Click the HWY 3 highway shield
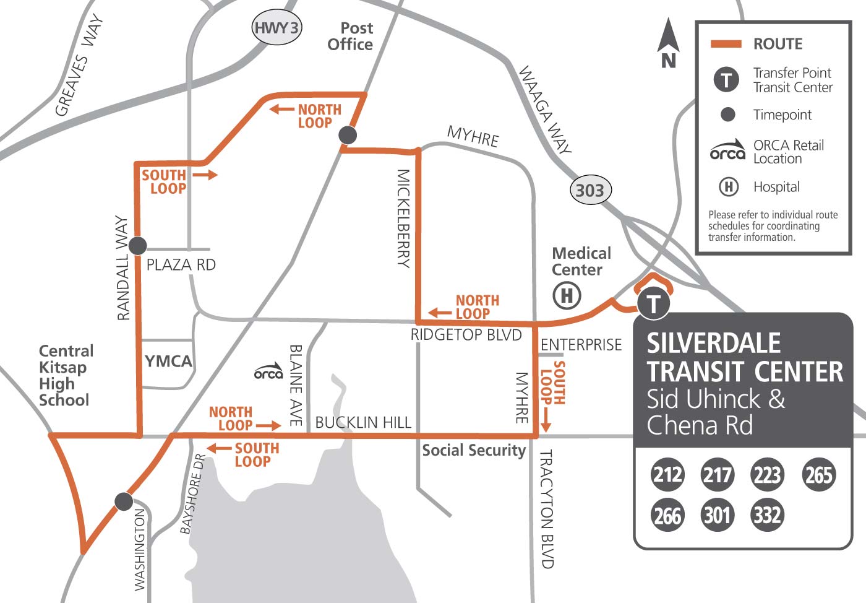point(277,28)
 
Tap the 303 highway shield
point(589,190)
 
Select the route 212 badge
point(667,475)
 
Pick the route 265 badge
point(818,475)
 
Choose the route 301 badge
point(717,515)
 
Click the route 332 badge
point(767,515)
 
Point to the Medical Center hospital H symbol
point(567,295)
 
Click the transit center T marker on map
point(653,304)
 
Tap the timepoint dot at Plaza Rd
point(137,245)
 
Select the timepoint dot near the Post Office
point(348,135)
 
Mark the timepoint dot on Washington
point(124,501)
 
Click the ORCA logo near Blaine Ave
point(268,371)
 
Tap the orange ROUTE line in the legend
point(726,44)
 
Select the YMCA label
point(168,361)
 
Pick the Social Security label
point(474,450)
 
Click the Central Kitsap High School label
point(66,375)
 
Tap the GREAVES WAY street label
point(79,66)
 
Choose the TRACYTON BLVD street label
point(546,509)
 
